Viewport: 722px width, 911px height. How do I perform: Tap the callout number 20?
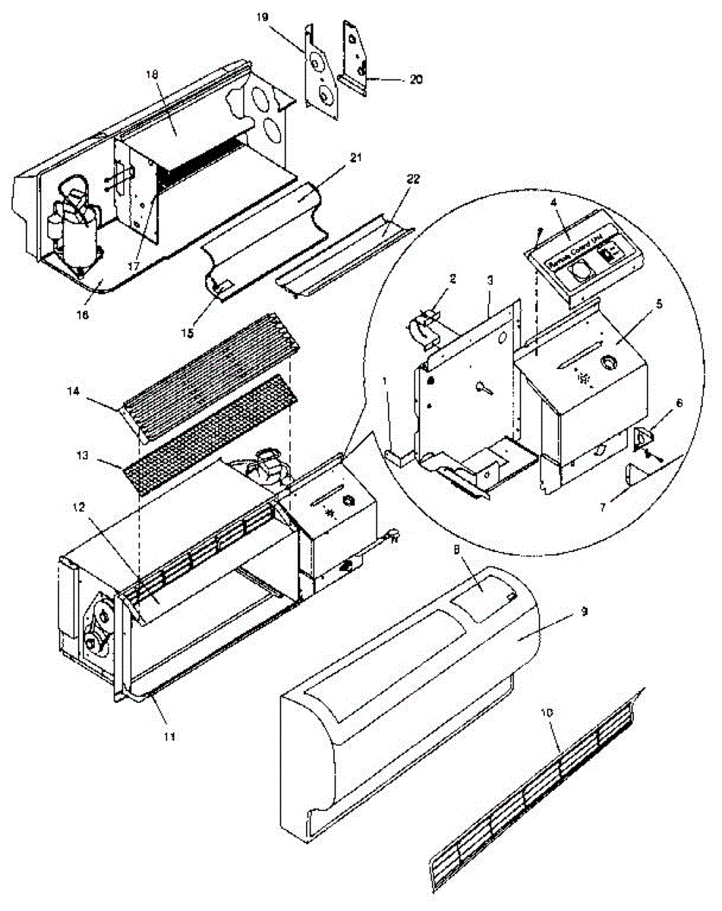coord(415,78)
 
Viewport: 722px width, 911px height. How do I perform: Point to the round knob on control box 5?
coord(608,364)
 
